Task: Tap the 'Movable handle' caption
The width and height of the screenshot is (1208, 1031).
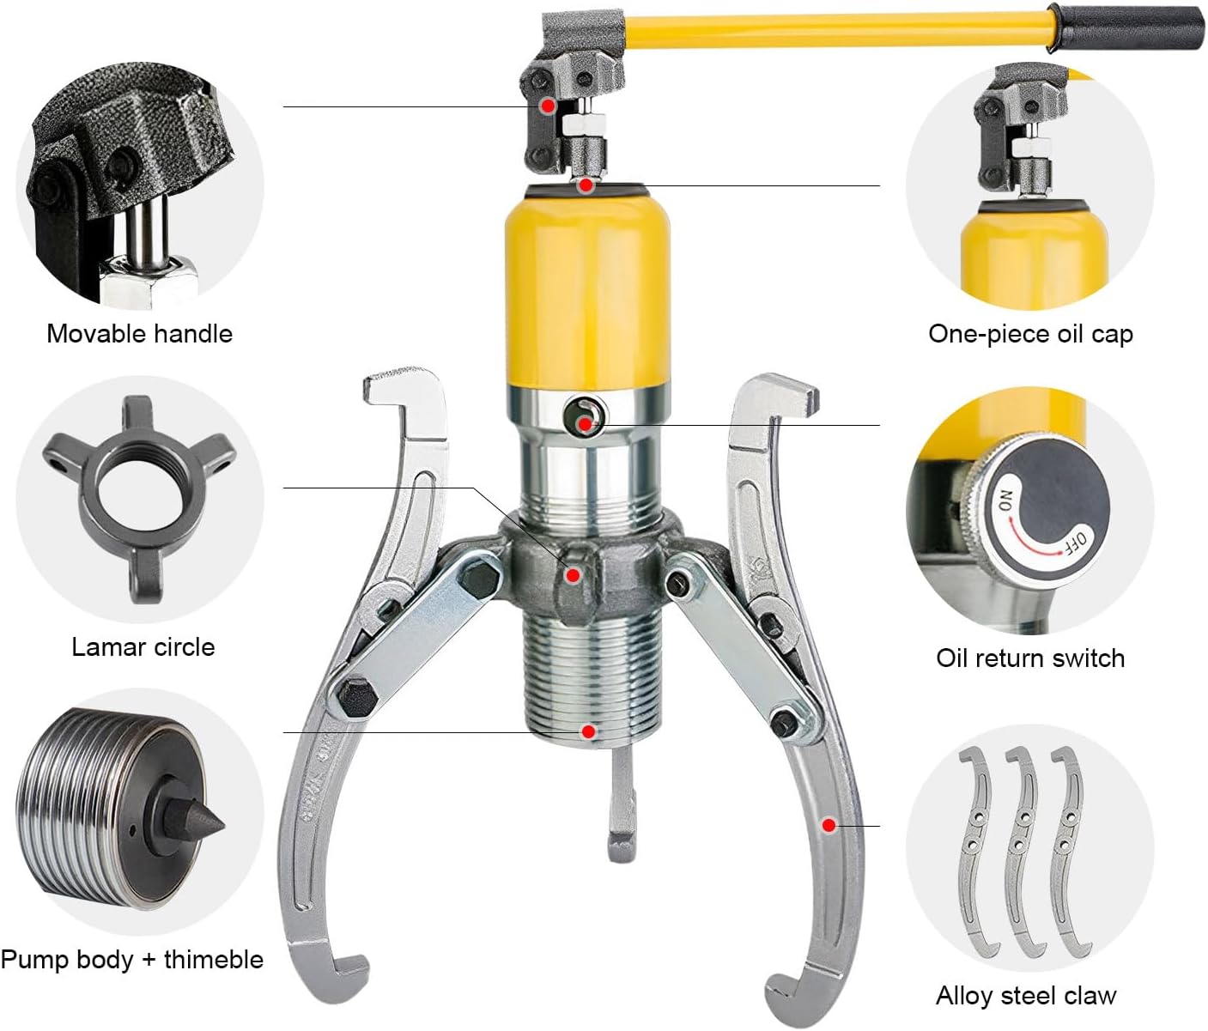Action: point(140,334)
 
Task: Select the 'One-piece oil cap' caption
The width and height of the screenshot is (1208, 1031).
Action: point(1030,334)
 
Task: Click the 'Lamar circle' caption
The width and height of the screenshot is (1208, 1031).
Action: point(143,647)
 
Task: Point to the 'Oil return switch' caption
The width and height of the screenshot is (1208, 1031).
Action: point(1030,658)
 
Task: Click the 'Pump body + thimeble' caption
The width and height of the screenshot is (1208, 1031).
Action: point(132,959)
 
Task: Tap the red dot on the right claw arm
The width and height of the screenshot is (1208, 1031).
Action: point(829,825)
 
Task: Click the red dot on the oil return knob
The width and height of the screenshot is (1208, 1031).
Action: point(586,424)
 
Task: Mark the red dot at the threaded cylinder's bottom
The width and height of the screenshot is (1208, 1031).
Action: point(588,731)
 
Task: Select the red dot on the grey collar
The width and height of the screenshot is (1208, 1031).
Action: point(573,576)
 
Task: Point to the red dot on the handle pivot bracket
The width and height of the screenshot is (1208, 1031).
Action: point(548,106)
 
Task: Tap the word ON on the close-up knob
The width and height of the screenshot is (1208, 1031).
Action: point(1005,500)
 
